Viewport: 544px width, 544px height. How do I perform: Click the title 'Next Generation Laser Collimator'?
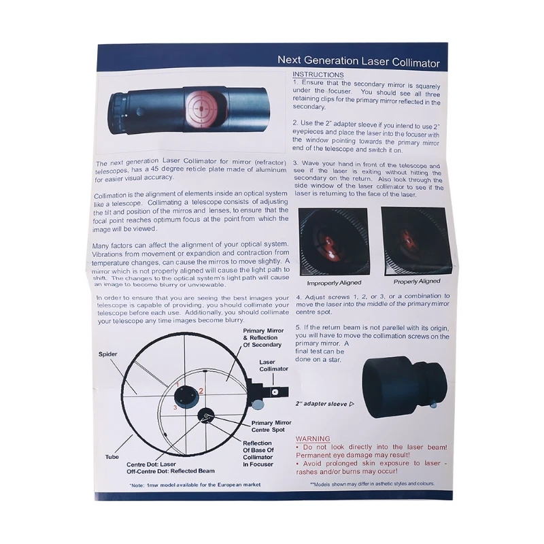click(x=358, y=62)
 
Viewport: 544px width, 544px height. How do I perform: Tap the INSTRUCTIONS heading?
click(x=318, y=74)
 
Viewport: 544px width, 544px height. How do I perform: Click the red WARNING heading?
click(x=312, y=439)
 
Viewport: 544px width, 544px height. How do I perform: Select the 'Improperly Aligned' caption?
click(x=334, y=282)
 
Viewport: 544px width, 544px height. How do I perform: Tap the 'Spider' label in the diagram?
click(x=107, y=354)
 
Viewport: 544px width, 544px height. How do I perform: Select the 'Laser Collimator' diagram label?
click(x=273, y=365)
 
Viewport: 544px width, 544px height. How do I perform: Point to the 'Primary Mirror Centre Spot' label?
click(x=271, y=426)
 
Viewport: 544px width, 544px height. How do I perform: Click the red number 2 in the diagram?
click(x=201, y=391)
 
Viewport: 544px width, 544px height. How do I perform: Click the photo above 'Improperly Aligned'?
click(x=334, y=241)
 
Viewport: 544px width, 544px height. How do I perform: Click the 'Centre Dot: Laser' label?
click(x=157, y=464)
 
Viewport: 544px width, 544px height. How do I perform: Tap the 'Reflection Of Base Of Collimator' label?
click(x=258, y=454)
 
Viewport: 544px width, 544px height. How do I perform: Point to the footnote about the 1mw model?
click(x=194, y=485)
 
